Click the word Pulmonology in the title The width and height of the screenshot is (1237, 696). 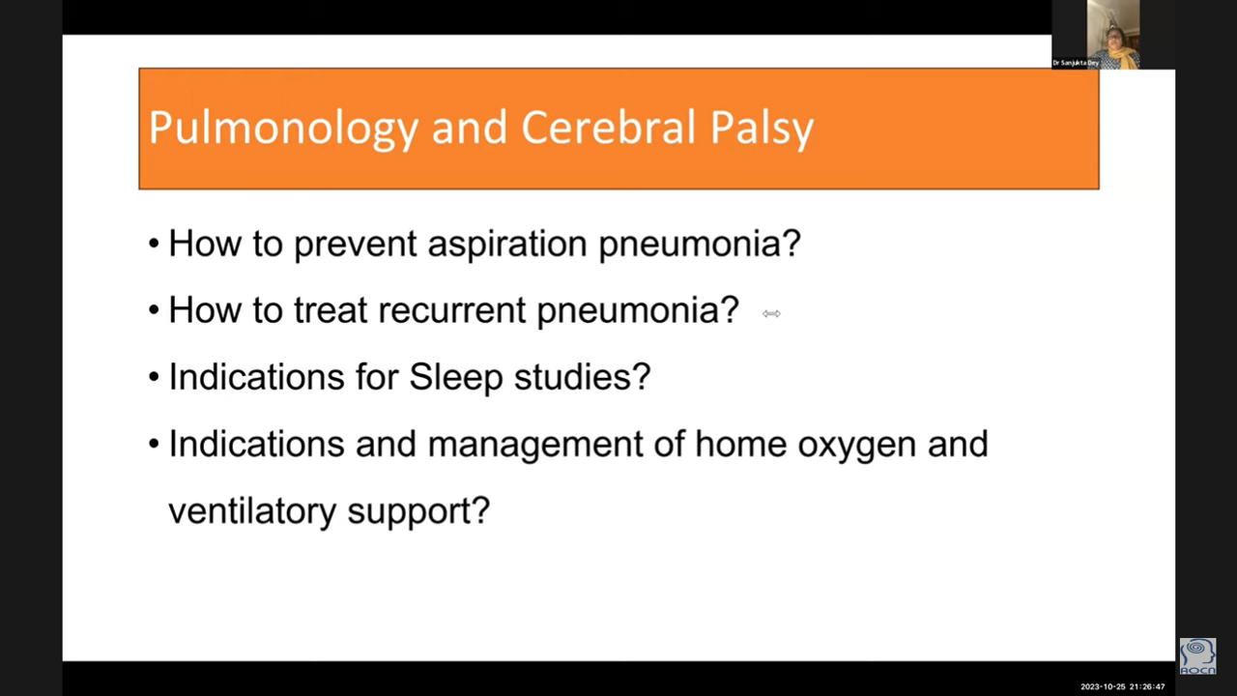[x=283, y=129]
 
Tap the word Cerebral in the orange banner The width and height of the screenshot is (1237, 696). [x=608, y=127]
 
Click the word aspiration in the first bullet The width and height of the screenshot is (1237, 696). [x=507, y=243]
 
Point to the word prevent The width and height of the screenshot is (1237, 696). [x=355, y=245]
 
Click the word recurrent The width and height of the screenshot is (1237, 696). [x=451, y=310]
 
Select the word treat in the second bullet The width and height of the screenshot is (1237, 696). [x=331, y=310]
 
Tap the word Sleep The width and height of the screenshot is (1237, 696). [x=456, y=378]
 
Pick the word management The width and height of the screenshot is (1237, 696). [x=535, y=445]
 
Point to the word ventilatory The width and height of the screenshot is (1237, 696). [x=252, y=511]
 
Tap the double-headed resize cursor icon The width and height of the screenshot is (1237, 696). [x=771, y=314]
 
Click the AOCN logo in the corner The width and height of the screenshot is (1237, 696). [x=1197, y=656]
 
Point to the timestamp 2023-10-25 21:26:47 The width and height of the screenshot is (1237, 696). [x=1123, y=686]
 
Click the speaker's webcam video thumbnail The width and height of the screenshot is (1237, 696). [x=1096, y=34]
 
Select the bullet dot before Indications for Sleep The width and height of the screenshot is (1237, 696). [x=154, y=378]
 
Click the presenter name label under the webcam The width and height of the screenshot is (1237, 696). [x=1076, y=63]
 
